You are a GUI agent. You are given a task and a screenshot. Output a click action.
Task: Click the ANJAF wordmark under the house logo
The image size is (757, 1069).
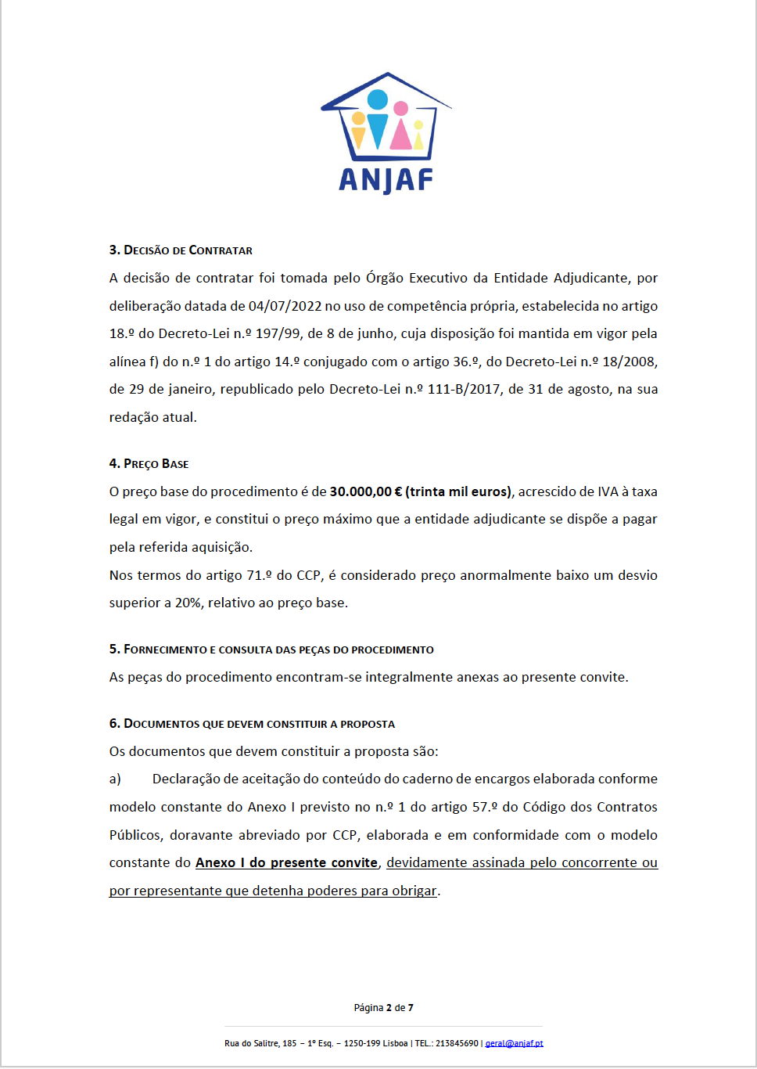pyautogui.click(x=386, y=180)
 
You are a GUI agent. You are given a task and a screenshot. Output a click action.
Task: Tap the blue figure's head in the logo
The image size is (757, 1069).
pyautogui.click(x=378, y=99)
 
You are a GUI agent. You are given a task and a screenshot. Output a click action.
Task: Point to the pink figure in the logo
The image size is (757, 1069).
pyautogui.click(x=400, y=127)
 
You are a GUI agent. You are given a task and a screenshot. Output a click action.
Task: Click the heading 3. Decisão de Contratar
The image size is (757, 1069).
pyautogui.click(x=181, y=250)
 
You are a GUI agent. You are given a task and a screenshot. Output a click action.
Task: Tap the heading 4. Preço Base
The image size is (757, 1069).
pyautogui.click(x=149, y=464)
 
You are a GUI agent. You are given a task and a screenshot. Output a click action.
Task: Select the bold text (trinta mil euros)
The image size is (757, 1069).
pyautogui.click(x=458, y=491)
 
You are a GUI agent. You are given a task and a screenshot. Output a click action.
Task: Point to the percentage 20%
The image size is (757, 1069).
pyautogui.click(x=188, y=603)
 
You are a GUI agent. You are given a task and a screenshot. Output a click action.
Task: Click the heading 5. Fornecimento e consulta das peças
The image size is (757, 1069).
pyautogui.click(x=271, y=650)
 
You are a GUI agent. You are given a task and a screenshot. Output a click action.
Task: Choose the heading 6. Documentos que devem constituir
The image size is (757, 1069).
pyautogui.click(x=252, y=724)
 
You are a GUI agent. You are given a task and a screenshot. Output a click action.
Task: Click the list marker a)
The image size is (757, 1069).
pyautogui.click(x=115, y=779)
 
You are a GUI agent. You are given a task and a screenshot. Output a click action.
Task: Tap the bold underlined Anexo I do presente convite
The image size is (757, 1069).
pyautogui.click(x=286, y=862)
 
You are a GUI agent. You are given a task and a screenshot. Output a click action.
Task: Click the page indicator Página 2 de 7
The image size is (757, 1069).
pyautogui.click(x=383, y=1008)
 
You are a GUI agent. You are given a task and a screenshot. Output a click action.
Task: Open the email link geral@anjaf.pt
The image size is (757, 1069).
pyautogui.click(x=514, y=1043)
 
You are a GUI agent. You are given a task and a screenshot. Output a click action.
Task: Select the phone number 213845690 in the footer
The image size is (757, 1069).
pyautogui.click(x=457, y=1043)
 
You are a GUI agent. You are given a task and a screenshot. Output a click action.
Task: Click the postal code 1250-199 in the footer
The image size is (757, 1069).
pyautogui.click(x=364, y=1043)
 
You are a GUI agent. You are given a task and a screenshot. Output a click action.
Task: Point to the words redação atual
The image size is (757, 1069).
pyautogui.click(x=152, y=417)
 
